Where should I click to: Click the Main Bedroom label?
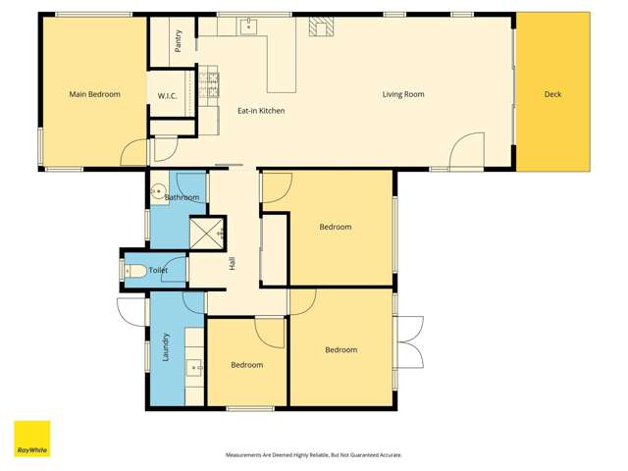[94, 94]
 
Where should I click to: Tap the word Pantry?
[178, 40]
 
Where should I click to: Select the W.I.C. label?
[167, 95]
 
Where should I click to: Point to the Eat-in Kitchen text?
[261, 111]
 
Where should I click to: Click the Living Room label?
[403, 94]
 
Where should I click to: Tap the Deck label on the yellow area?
[552, 94]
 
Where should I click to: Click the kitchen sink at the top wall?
[249, 26]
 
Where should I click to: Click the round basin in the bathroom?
[158, 192]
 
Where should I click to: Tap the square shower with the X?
[206, 234]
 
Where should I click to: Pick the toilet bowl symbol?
[136, 270]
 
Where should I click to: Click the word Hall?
[233, 263]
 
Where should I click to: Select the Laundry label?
[166, 346]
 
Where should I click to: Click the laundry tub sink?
[194, 369]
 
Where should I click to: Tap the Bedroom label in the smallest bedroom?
[246, 365]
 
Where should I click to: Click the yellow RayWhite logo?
[31, 439]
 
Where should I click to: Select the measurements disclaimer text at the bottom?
[314, 455]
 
